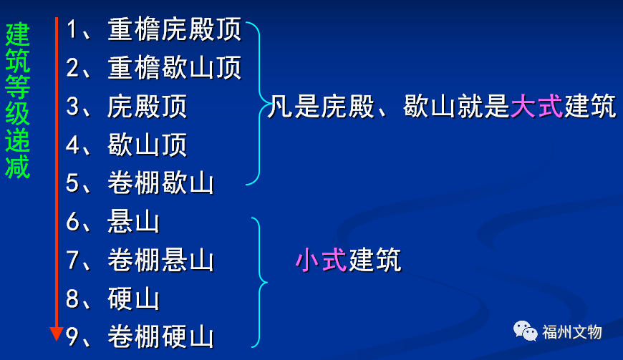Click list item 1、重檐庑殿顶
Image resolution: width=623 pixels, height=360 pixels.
click(x=155, y=30)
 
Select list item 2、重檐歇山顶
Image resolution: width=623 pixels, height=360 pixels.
click(x=155, y=69)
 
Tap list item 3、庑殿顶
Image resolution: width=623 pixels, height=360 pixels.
click(x=127, y=107)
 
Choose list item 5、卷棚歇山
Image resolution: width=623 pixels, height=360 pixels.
click(x=140, y=183)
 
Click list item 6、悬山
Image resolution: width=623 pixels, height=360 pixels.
click(x=113, y=221)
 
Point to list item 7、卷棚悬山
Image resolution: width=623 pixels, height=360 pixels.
click(x=140, y=259)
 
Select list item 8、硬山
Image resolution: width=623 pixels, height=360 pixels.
click(x=113, y=298)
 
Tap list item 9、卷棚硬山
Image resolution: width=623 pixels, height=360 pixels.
click(x=140, y=336)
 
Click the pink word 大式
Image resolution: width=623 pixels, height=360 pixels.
click(x=536, y=107)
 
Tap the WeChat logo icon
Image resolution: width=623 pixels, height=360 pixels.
click(x=525, y=331)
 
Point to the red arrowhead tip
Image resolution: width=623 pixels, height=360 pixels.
click(x=56, y=336)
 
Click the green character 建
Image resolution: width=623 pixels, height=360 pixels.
click(x=17, y=34)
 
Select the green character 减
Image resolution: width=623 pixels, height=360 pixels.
click(x=17, y=167)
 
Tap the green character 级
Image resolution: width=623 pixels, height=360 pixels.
click(x=17, y=115)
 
